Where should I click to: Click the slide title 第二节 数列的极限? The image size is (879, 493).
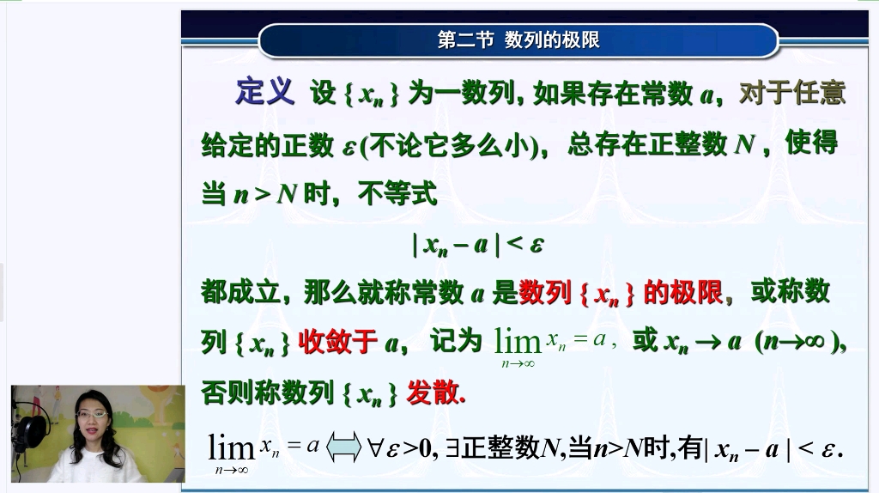[x=518, y=40]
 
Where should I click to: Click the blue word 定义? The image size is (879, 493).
[x=264, y=92]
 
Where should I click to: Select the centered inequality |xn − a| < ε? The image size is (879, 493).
[x=478, y=245]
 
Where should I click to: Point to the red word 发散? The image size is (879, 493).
[x=433, y=393]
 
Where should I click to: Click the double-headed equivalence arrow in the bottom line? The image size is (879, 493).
[x=343, y=447]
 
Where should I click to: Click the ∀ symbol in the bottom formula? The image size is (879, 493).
[x=376, y=447]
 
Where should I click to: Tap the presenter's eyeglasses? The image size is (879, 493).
[x=93, y=414]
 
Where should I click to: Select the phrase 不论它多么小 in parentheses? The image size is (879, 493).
[x=454, y=145]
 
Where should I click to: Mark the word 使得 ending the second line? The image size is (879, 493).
[x=811, y=143]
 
